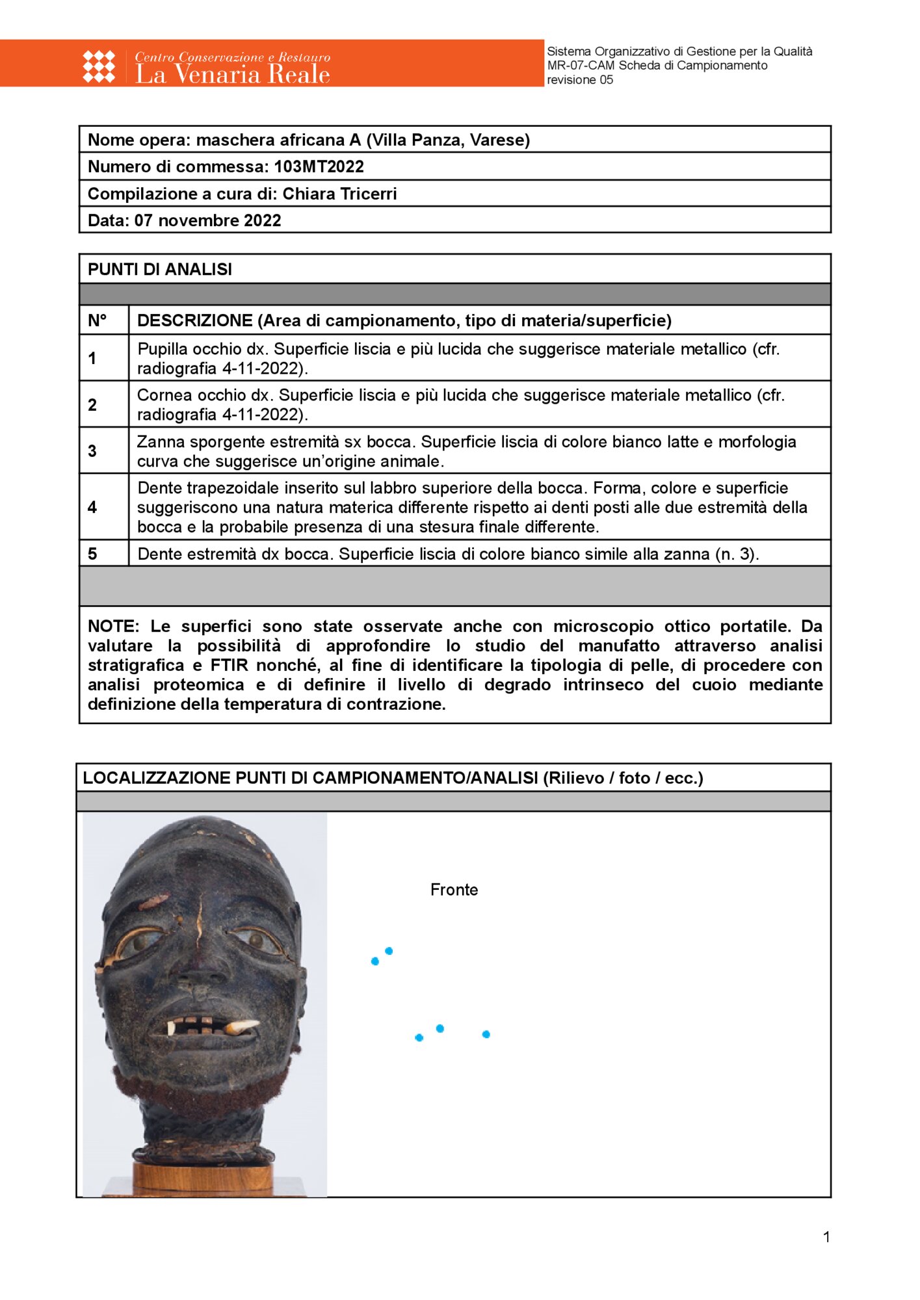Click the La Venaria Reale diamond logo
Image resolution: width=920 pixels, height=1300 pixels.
click(x=99, y=66)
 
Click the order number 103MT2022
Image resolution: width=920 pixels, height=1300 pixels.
click(x=319, y=167)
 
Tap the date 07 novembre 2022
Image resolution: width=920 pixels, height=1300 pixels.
click(x=207, y=220)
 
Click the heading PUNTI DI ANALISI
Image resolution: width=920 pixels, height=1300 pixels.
click(x=160, y=269)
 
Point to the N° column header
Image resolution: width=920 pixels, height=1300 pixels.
click(x=98, y=320)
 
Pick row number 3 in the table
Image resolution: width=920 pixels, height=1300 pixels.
click(x=92, y=451)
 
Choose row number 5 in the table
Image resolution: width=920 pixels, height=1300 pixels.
click(x=92, y=554)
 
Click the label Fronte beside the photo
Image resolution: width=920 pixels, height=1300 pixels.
click(x=454, y=890)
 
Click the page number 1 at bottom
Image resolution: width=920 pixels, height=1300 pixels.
click(x=826, y=1237)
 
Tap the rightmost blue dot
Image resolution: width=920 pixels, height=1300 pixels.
click(x=486, y=1034)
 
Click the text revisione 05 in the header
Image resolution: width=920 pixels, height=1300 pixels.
click(x=580, y=80)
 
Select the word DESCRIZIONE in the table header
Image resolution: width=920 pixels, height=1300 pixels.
click(x=194, y=320)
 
